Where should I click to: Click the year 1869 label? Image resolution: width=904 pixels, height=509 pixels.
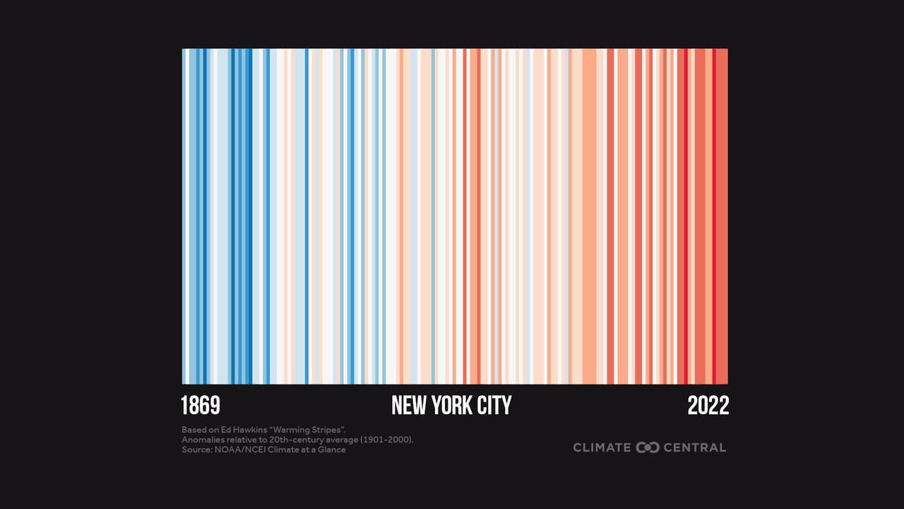coord(201,406)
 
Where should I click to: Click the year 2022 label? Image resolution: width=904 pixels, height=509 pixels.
coord(708,406)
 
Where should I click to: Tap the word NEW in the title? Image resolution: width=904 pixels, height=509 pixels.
coord(409,406)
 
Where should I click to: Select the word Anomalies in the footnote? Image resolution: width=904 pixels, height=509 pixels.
coord(202,440)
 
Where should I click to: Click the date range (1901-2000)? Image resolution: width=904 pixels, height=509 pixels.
coord(387,440)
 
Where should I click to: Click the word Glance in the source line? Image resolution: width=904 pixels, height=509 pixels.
coord(331,450)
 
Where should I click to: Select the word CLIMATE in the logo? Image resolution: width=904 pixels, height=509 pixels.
coord(602,447)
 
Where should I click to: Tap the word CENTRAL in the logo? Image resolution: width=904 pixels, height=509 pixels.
coord(695,447)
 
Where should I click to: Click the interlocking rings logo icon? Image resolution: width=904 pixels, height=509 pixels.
coord(648,447)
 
